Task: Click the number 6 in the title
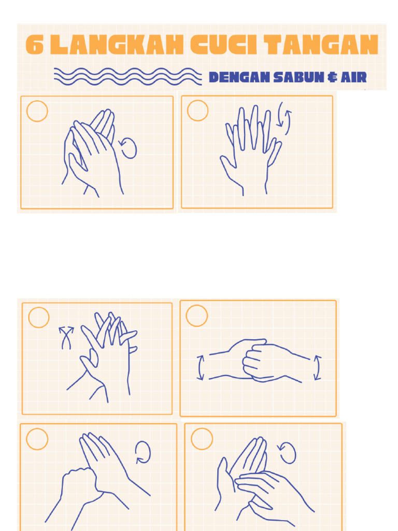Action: point(34,46)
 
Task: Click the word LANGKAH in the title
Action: point(118,46)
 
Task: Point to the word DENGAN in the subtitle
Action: point(239,78)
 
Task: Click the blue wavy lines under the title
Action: point(127,76)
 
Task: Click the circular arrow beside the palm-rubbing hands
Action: point(128,148)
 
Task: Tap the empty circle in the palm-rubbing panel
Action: point(37,111)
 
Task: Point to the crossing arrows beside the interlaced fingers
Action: point(66,338)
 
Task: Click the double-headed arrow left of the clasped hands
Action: point(200,367)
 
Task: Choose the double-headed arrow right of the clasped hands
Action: point(318,368)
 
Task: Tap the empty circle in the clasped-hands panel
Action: point(196,316)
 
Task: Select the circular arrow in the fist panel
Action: point(143,452)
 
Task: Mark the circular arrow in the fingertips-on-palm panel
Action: point(287,453)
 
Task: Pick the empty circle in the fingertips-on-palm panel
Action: point(202,439)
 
